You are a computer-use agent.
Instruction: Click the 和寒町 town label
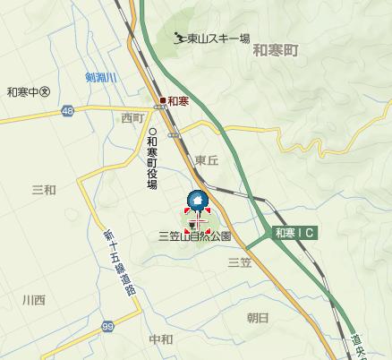275,51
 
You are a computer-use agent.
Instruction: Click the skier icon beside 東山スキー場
180,38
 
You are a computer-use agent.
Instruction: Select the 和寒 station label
177,100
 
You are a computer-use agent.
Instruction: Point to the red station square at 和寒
163,100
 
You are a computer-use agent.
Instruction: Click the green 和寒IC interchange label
295,233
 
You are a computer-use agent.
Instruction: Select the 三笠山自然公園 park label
194,237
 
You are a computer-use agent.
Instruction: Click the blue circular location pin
196,201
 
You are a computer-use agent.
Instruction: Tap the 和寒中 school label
27,91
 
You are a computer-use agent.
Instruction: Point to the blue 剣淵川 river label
102,78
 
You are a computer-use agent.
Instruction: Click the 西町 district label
132,118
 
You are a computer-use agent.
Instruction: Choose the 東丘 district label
207,160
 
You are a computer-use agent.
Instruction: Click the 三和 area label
44,189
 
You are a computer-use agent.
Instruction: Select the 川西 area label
33,300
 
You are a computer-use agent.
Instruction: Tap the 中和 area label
161,340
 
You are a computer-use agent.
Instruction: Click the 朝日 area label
257,318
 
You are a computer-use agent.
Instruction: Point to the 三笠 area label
239,262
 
